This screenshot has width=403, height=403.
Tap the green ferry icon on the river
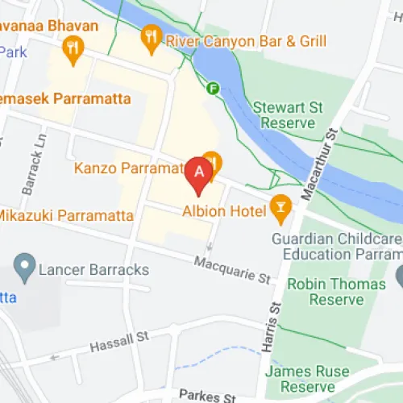[x=214, y=88]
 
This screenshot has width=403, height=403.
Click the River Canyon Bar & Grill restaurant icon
[x=151, y=36]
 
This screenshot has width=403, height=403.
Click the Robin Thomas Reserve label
[x=337, y=292]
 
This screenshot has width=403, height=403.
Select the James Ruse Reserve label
[x=319, y=379]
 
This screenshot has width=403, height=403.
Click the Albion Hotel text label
[x=235, y=211]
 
